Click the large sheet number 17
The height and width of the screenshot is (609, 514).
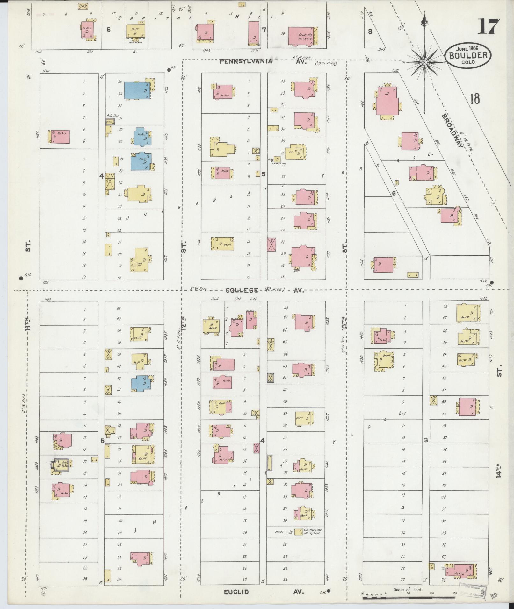pos(488,27)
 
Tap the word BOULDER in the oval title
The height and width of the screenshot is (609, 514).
pos(468,55)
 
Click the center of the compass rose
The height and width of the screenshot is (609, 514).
pos(424,63)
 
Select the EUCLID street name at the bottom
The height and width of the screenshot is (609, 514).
pos(236,592)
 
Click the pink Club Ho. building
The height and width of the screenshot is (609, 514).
pos(301,36)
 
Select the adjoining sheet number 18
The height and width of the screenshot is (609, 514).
pos(474,99)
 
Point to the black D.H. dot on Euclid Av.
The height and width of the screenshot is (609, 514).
pos(329,591)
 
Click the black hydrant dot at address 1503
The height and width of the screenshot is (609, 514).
pos(492,282)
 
